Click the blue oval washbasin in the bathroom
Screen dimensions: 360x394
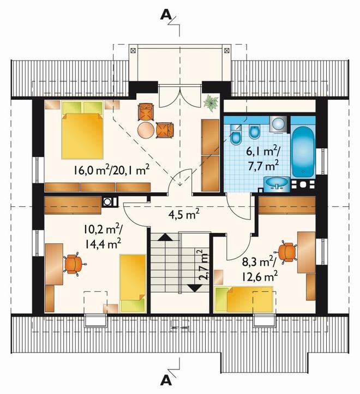tap(277, 183)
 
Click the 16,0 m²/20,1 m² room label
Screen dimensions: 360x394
tap(111, 170)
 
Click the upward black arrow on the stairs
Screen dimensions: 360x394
tap(165, 237)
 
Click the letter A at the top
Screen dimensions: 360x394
tap(166, 15)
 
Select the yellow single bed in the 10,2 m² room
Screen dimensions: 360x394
tap(133, 284)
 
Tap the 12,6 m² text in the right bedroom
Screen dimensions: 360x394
tap(260, 277)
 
